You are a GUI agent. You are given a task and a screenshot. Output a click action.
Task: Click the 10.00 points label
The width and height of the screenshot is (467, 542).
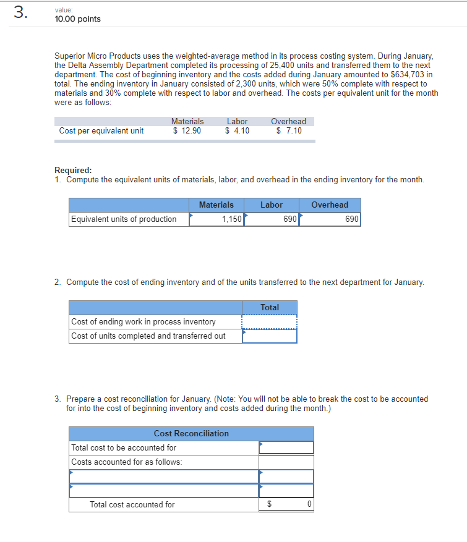point(77,19)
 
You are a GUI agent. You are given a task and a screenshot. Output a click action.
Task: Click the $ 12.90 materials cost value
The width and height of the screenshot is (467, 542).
point(187,130)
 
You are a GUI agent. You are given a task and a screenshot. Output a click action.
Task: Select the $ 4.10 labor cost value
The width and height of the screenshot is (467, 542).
point(237,130)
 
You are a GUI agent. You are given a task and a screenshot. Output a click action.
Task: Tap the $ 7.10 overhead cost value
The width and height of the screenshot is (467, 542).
point(289,130)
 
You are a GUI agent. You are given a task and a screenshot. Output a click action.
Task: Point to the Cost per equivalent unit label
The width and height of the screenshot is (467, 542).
point(101,130)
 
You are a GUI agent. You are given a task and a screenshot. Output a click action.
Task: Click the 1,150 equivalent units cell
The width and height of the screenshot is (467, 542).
point(217,219)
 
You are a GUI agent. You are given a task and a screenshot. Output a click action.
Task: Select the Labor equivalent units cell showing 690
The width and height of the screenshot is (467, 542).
point(272,219)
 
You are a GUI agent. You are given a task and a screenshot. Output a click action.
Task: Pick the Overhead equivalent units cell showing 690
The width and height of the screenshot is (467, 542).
point(330,219)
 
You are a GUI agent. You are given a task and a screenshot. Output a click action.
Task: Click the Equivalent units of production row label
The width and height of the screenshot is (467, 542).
point(124,219)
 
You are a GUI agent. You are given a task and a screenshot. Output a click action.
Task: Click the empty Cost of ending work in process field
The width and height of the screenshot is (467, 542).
point(270,322)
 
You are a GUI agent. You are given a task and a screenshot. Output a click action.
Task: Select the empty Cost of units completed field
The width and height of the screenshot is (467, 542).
point(270,336)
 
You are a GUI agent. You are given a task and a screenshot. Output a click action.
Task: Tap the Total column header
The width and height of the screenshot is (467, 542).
point(270,307)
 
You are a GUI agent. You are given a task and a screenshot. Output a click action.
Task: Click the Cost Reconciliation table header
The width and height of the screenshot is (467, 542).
point(191,433)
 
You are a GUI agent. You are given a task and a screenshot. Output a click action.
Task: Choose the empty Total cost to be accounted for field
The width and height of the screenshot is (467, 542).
point(286,447)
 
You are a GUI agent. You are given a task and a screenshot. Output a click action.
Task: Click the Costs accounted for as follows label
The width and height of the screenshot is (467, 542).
point(127,462)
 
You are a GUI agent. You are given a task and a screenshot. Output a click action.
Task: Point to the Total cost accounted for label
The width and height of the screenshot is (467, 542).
point(132,505)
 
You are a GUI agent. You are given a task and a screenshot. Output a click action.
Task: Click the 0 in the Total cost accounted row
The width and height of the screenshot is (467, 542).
point(309,505)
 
